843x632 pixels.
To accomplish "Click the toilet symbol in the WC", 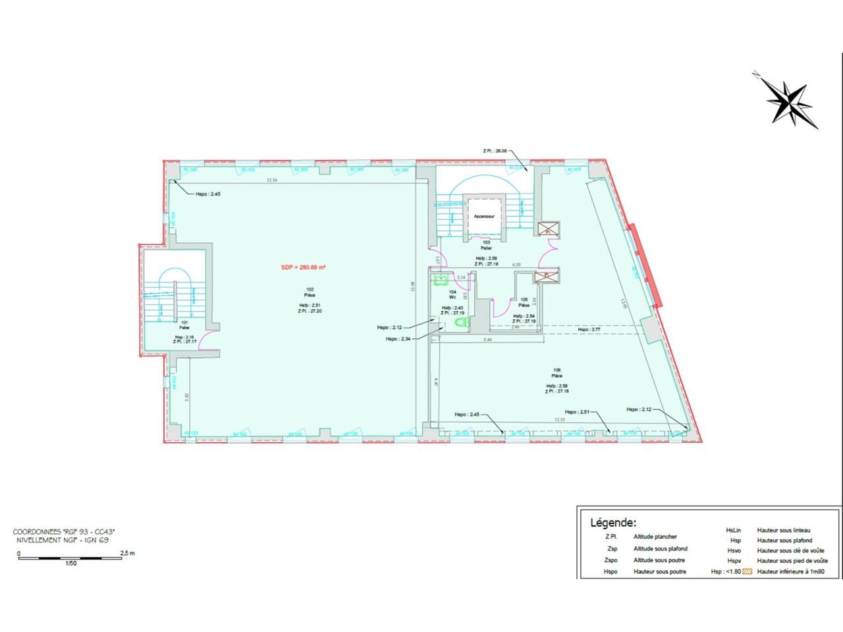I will point(461,323).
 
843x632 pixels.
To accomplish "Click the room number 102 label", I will point(309,289).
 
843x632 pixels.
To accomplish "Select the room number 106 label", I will point(557,370).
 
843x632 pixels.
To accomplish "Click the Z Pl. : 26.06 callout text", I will point(495,151).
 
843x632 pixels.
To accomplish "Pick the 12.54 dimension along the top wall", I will point(271,180).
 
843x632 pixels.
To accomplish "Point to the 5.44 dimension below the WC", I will point(488,340).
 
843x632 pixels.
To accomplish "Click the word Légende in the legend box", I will point(612,523).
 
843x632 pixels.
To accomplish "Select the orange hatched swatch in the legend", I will point(747,571).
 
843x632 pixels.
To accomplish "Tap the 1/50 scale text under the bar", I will point(70,564).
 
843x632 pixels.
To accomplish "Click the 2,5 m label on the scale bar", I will point(128,553).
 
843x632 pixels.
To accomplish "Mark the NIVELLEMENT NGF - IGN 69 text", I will point(63,540).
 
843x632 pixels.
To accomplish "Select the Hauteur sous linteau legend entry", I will point(784,530).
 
